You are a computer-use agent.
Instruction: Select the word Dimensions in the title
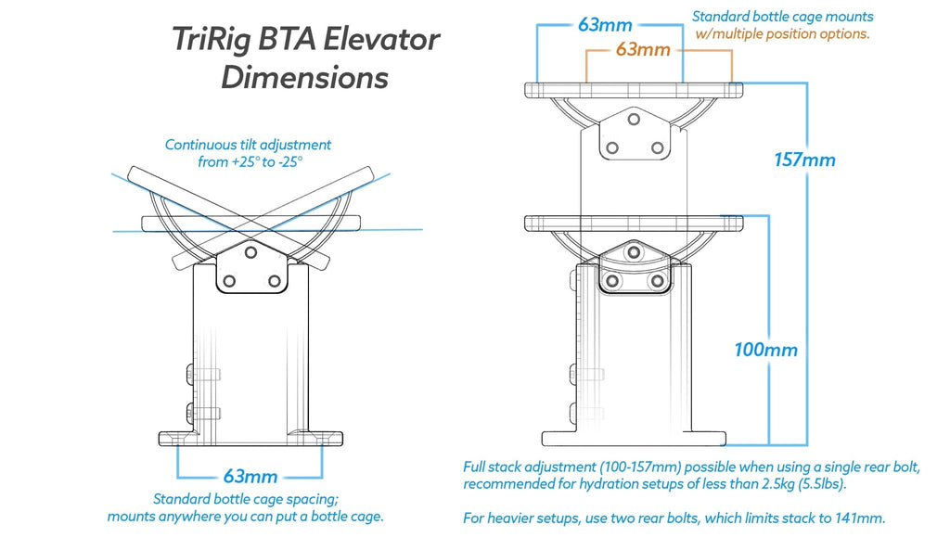pos(304,77)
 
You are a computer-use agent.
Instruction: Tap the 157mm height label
pos(804,160)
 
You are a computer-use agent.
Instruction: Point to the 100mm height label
pos(765,350)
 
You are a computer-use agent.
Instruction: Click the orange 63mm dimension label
pos(642,50)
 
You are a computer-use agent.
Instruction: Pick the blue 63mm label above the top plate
pos(605,25)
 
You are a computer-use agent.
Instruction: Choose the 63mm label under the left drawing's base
pos(250,477)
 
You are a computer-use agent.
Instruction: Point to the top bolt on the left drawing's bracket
pos(250,252)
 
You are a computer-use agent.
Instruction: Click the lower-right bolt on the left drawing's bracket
pos(274,280)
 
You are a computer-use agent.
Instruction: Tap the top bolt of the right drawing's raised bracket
pos(634,120)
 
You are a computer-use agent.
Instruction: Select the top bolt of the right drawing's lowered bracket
pos(634,252)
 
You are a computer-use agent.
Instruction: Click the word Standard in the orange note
pos(720,16)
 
